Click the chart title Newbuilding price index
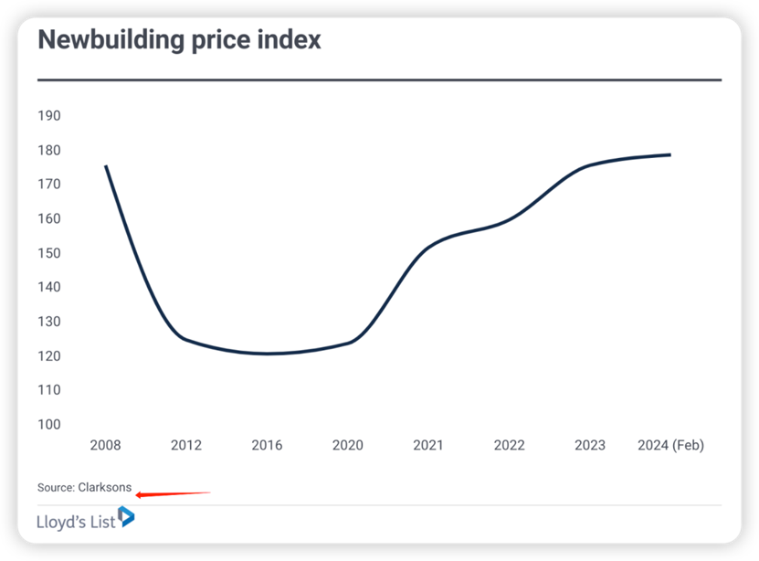(179, 40)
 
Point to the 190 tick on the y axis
(49, 116)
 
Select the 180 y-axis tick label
(49, 150)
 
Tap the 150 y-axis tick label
(49, 253)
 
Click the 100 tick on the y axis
(49, 424)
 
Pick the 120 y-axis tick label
(49, 355)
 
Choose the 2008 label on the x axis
(105, 445)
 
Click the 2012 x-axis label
(186, 445)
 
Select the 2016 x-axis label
(267, 445)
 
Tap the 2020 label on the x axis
(347, 445)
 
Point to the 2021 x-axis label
(427, 445)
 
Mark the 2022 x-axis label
(509, 445)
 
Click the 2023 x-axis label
(589, 445)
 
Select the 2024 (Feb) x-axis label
(670, 445)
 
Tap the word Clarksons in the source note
(105, 487)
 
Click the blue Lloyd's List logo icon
(126, 517)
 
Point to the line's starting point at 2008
(106, 166)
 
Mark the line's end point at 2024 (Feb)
(670, 154)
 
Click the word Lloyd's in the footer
(62, 523)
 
